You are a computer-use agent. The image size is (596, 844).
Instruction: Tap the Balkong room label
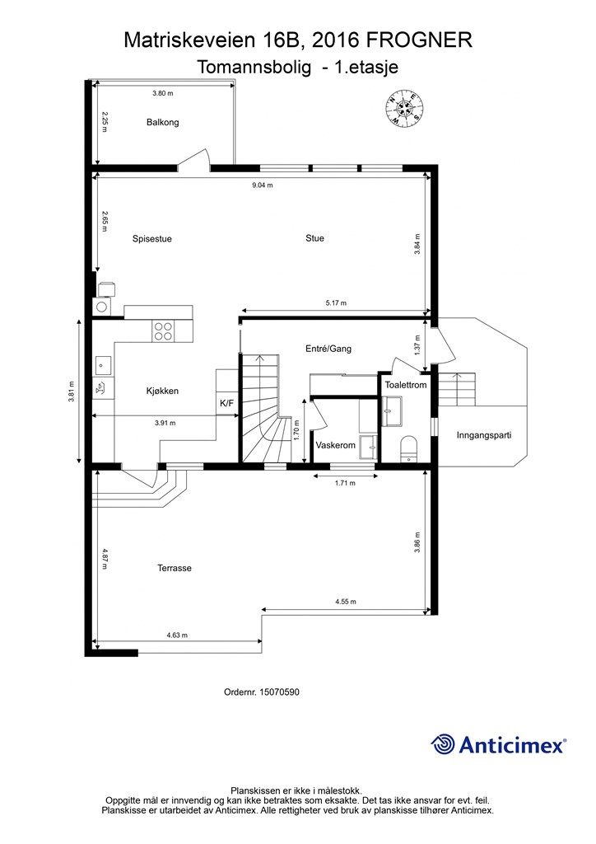pyautogui.click(x=162, y=122)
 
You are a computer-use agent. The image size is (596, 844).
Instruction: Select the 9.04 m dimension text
pyautogui.click(x=263, y=185)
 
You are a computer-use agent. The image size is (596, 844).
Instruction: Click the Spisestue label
pyautogui.click(x=152, y=238)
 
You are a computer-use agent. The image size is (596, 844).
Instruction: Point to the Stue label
pyautogui.click(x=314, y=238)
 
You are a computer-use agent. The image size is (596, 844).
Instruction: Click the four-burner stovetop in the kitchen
pyautogui.click(x=163, y=331)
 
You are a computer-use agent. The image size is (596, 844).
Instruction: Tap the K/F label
pyautogui.click(x=226, y=402)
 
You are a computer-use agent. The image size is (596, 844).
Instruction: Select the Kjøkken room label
pyautogui.click(x=162, y=391)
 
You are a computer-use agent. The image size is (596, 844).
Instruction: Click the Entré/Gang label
pyautogui.click(x=328, y=349)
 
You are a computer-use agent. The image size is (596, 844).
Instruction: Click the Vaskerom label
pyautogui.click(x=335, y=445)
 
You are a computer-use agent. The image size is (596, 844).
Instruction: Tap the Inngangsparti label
pyautogui.click(x=484, y=435)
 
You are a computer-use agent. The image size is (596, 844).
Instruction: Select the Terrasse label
pyautogui.click(x=175, y=568)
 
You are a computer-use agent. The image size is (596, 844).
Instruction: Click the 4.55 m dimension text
pyautogui.click(x=346, y=602)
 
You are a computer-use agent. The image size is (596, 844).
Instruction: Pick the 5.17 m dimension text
pyautogui.click(x=336, y=303)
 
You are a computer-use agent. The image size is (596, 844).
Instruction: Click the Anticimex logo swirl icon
pyautogui.click(x=443, y=744)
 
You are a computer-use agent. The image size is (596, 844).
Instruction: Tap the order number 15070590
pyautogui.click(x=279, y=692)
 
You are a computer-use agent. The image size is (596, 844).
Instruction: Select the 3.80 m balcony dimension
pyautogui.click(x=162, y=93)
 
